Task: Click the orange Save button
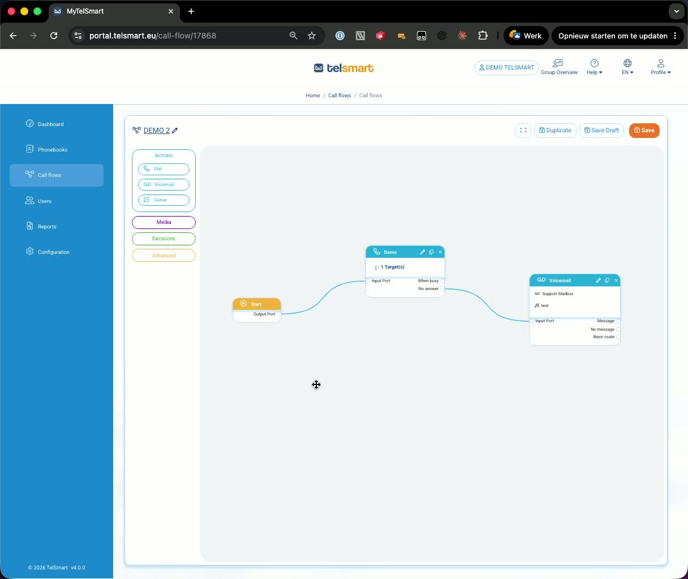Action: (644, 131)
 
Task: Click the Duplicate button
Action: (555, 131)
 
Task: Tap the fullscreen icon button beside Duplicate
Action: (523, 131)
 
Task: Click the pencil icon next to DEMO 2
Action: (175, 131)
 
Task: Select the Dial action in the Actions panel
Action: (164, 169)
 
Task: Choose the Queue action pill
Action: (164, 200)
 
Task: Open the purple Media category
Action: (164, 222)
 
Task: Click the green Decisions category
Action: (164, 239)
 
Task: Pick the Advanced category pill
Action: (164, 256)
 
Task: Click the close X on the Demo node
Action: (440, 252)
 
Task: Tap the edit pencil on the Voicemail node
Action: (598, 280)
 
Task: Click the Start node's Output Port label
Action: (264, 314)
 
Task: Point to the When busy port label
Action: (428, 281)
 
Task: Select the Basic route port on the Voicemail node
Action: (618, 337)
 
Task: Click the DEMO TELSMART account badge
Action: (506, 67)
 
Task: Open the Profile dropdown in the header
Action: (661, 67)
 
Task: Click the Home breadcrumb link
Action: (313, 96)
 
